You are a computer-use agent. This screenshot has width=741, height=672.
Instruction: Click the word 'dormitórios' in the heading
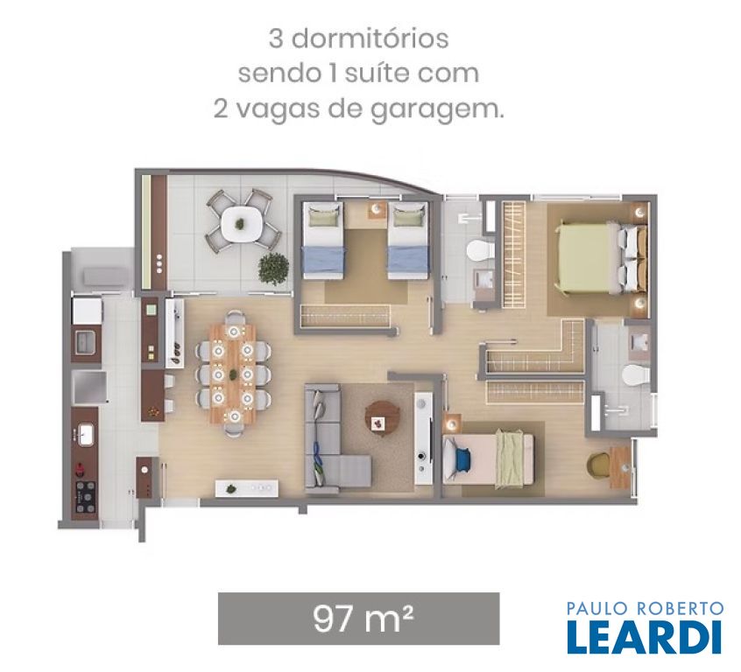click(370, 38)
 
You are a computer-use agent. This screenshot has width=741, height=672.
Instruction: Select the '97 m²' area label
click(363, 618)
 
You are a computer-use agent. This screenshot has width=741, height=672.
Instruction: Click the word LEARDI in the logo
click(645, 637)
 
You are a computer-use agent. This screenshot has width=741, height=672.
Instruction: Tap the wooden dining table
click(233, 374)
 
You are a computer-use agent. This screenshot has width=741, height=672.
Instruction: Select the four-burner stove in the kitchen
click(86, 497)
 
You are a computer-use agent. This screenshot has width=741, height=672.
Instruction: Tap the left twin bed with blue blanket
click(323, 240)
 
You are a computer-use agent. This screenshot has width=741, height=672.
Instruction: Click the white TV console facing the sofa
click(423, 437)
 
